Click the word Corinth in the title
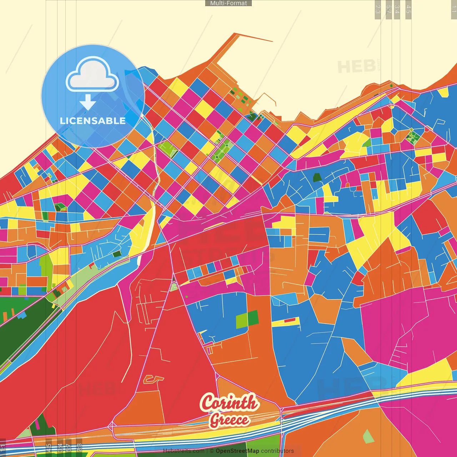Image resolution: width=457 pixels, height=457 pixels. click(228, 402)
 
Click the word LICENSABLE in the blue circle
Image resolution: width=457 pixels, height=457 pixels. click(93, 121)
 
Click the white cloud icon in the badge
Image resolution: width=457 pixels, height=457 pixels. click(92, 76)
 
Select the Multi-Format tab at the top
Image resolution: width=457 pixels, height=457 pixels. click(228, 3)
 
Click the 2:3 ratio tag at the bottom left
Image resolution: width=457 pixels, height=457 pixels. click(79, 447)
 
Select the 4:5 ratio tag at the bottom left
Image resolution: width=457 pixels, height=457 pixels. click(49, 447)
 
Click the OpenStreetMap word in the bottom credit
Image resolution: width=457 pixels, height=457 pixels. click(237, 451)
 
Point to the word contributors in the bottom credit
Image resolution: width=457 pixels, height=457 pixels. click(277, 451)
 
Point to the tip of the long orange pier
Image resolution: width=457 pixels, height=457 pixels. click(272, 41)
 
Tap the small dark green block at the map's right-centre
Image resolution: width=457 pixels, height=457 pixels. click(317, 177)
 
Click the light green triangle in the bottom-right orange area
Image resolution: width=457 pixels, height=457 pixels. click(368, 436)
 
